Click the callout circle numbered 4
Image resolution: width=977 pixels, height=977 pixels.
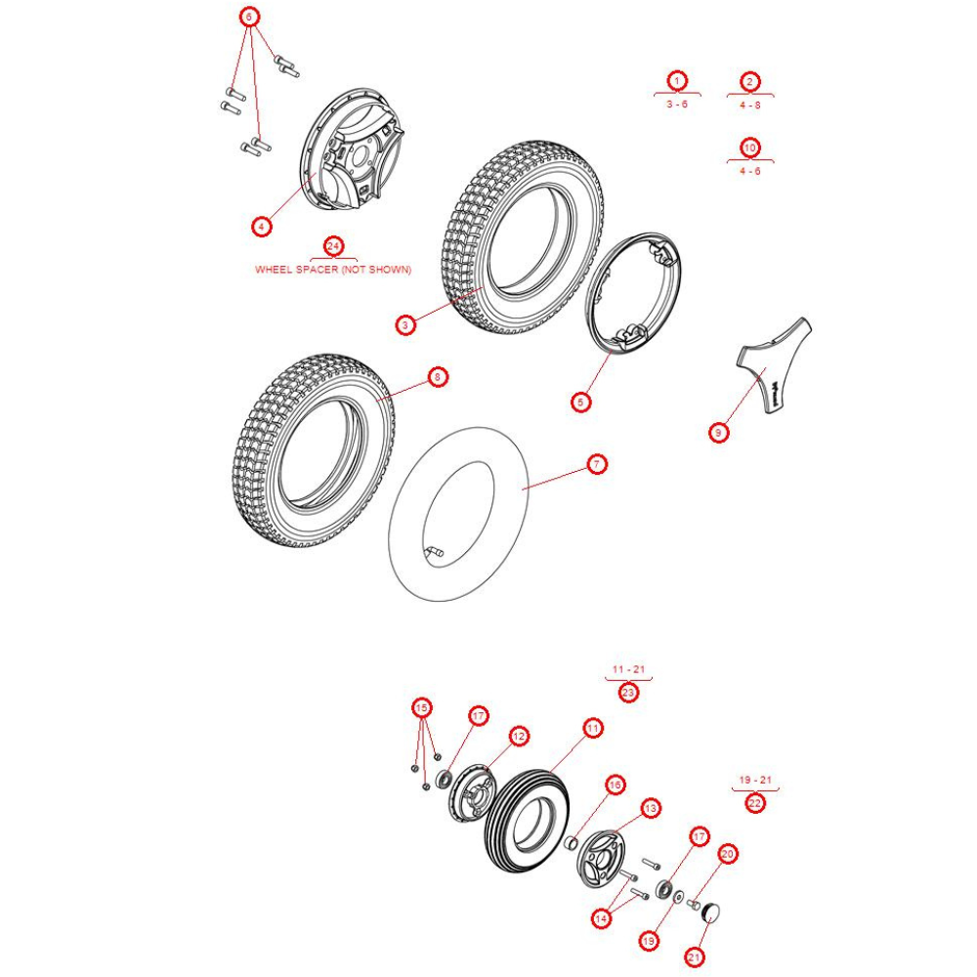tap(260, 227)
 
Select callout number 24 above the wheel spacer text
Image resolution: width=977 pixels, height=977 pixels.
tap(333, 245)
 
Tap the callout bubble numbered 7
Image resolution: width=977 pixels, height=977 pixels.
tap(597, 465)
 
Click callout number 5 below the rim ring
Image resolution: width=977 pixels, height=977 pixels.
tap(581, 402)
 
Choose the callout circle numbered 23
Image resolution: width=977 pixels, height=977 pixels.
tap(628, 693)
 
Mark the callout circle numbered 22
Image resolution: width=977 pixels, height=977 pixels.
tap(755, 803)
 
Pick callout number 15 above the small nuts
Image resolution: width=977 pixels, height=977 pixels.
tap(422, 707)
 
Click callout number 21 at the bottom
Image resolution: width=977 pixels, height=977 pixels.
tap(694, 958)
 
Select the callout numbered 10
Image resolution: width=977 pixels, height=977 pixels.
tap(749, 148)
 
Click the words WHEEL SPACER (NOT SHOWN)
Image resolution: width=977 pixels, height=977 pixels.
tap(333, 270)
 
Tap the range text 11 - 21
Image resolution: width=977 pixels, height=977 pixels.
tap(628, 669)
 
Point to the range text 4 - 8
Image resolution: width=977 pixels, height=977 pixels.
tap(749, 104)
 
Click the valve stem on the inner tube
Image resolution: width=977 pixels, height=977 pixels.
tap(435, 555)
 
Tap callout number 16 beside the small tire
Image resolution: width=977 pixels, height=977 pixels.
tap(615, 785)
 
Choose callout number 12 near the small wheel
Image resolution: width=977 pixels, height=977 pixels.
tap(518, 736)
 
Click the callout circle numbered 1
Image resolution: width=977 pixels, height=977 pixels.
tap(676, 80)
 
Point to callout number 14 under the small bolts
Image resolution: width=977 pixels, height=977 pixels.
tap(601, 918)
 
